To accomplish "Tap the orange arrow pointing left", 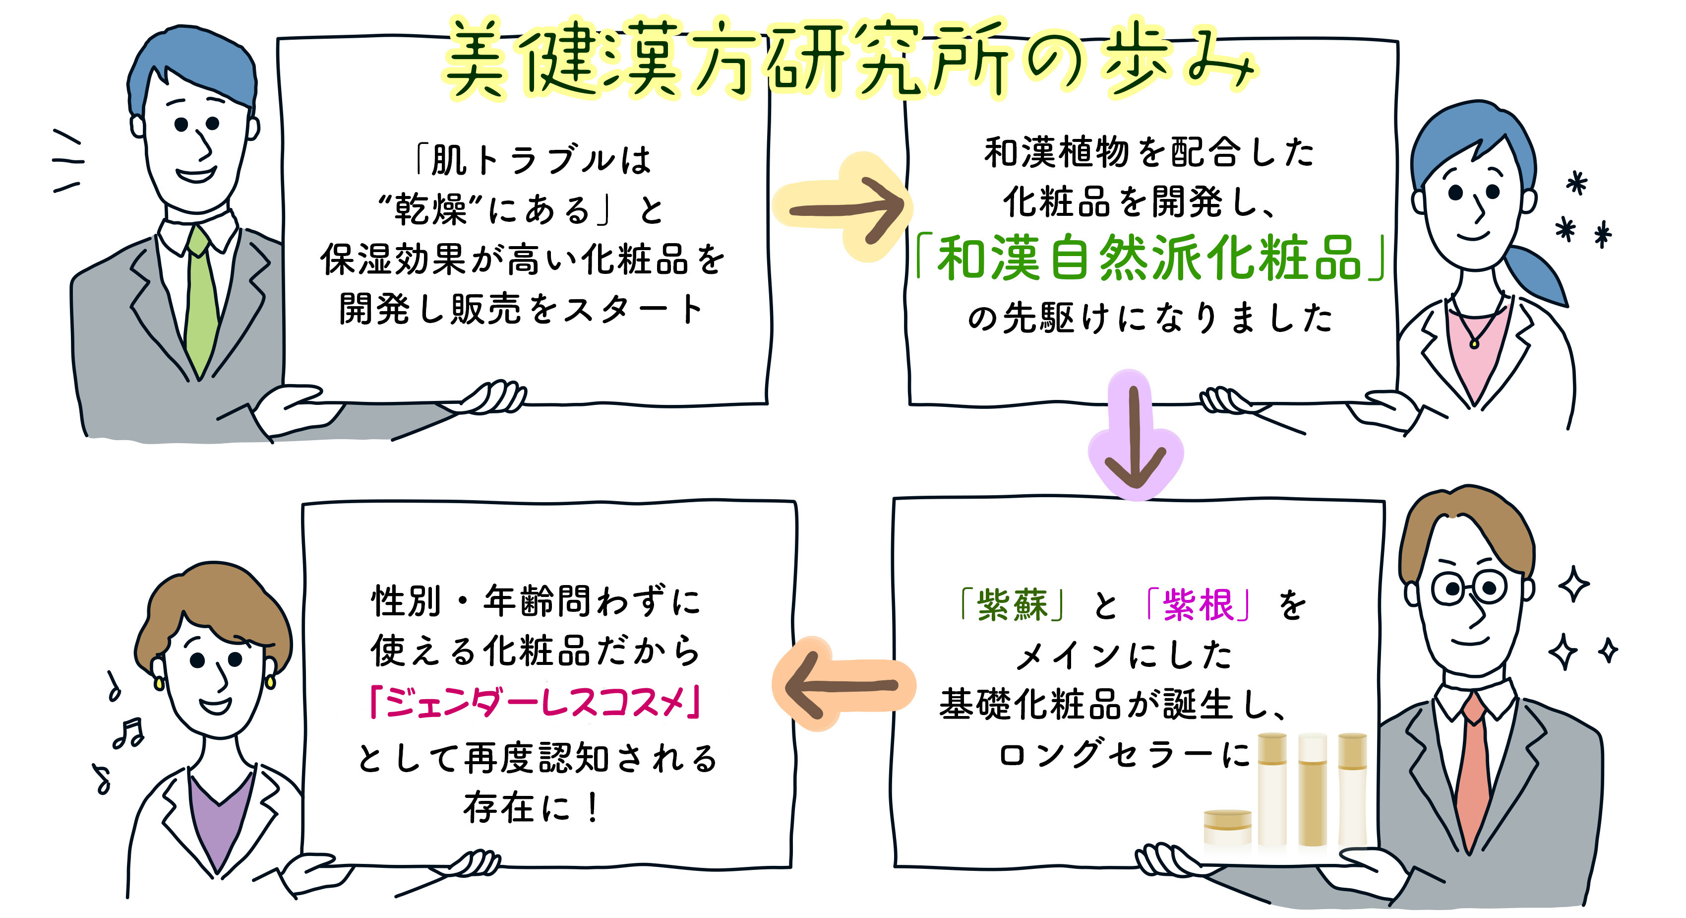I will click(841, 685).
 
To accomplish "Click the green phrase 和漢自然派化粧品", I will click(1149, 259).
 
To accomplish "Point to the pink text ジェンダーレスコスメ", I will click(536, 703).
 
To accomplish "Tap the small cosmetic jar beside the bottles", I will click(1227, 826).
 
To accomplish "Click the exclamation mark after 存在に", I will click(592, 808).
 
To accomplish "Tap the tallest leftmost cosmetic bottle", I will click(1272, 789).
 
